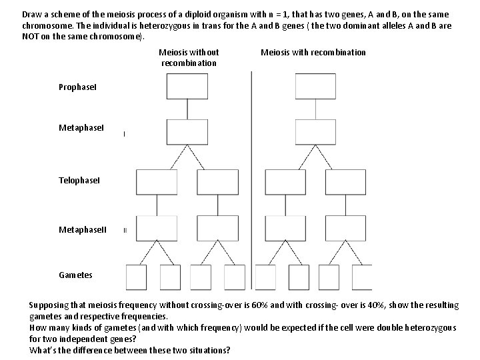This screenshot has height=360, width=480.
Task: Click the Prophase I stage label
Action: [77, 87]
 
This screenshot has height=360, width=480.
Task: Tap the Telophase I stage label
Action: [79, 180]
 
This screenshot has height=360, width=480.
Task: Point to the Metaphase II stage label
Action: [82, 230]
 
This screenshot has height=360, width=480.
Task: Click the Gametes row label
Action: [75, 275]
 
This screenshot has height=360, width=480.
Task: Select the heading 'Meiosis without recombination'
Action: [189, 57]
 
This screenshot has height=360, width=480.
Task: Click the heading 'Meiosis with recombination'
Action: [313, 53]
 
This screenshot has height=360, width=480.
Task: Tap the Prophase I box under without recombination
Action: [188, 87]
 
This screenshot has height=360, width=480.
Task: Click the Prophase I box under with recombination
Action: [316, 87]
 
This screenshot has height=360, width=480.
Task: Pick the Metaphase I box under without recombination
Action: [188, 131]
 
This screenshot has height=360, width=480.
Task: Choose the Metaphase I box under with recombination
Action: [316, 131]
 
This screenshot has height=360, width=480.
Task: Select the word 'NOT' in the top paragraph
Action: [30, 35]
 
